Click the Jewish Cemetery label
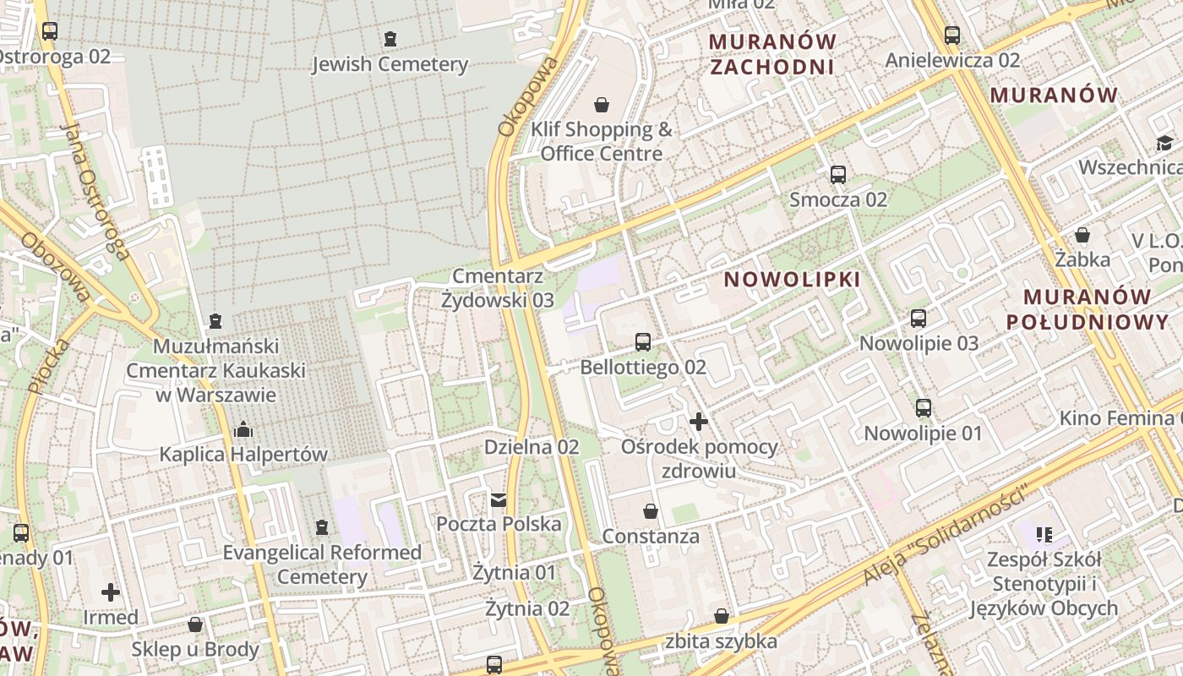(390, 64)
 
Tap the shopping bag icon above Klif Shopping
(602, 105)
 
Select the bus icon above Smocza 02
(838, 175)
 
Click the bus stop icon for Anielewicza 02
(952, 35)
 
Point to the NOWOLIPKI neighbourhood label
(793, 280)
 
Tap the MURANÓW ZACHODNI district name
(772, 54)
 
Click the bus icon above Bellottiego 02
(643, 342)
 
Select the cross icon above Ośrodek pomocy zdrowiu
(699, 421)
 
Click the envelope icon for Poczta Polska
(499, 499)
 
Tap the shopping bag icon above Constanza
(651, 511)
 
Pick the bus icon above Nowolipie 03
(919, 319)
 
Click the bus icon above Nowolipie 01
(924, 408)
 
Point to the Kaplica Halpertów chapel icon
(243, 429)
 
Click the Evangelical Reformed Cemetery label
(322, 564)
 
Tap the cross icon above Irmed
(111, 591)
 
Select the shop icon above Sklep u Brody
(195, 624)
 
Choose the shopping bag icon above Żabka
(1082, 235)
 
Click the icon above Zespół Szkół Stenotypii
(1044, 534)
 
